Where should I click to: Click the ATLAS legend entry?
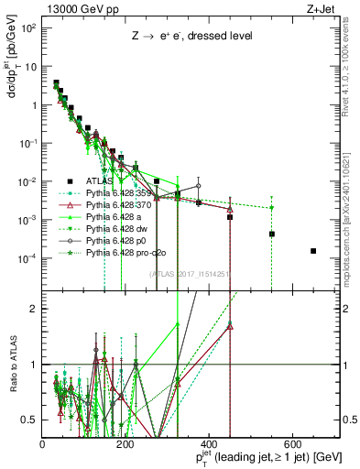click(x=102, y=181)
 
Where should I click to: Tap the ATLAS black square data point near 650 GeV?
click(x=313, y=251)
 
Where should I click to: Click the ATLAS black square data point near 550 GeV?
click(x=272, y=234)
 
